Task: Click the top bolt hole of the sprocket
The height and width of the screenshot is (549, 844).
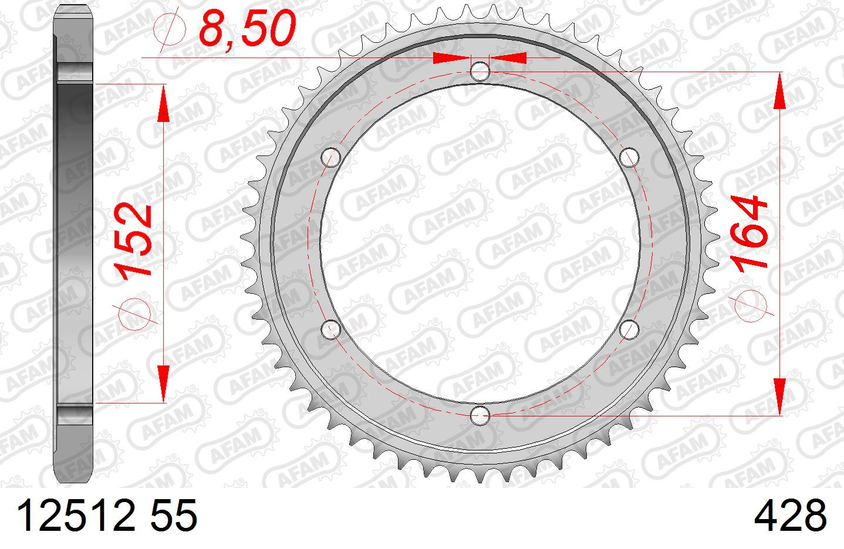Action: [480, 71]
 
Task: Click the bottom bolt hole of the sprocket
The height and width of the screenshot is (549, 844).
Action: [480, 415]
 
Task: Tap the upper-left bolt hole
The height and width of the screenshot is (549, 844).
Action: [331, 157]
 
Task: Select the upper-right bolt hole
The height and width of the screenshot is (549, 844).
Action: [629, 157]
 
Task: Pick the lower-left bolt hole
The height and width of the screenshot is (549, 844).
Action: [331, 329]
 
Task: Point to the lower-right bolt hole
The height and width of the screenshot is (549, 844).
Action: [629, 329]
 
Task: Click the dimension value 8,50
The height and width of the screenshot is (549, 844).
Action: [247, 28]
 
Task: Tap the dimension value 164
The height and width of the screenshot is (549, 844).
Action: [748, 233]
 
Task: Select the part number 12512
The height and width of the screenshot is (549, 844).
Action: [75, 515]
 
